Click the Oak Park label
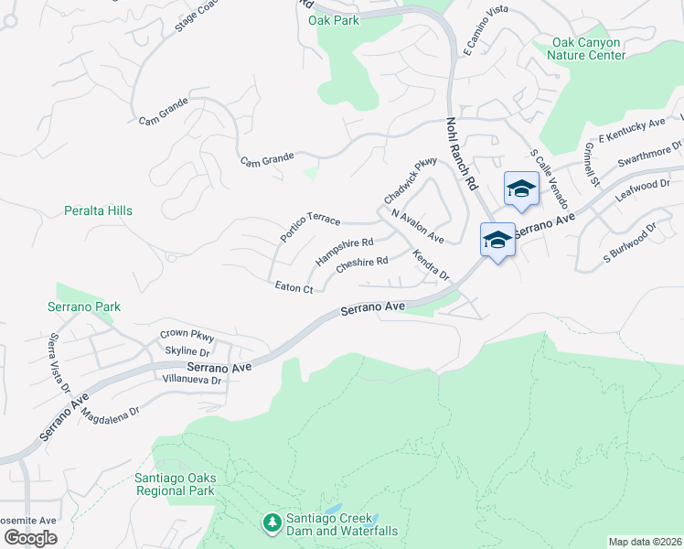[334, 20]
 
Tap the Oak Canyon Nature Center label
[585, 48]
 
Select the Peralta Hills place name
[98, 210]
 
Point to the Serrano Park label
[84, 307]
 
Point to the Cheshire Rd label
[362, 264]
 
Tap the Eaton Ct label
[294, 288]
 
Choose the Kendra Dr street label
[431, 264]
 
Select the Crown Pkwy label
[186, 335]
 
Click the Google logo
[29, 537]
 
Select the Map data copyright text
[645, 541]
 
